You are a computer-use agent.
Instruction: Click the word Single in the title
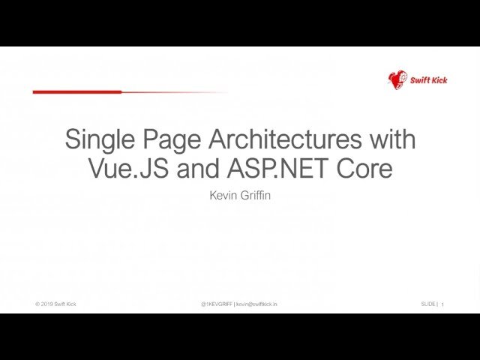pyautogui.click(x=100, y=140)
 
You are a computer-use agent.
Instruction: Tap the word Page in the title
pyautogui.click(x=172, y=140)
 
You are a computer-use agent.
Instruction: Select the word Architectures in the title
pyautogui.click(x=285, y=139)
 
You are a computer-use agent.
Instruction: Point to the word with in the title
pyautogui.click(x=393, y=139)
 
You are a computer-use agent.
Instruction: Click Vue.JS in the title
pyautogui.click(x=128, y=168)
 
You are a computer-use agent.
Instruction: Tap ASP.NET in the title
pyautogui.click(x=277, y=168)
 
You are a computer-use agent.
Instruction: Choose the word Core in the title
pyautogui.click(x=364, y=168)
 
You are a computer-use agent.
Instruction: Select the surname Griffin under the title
pyautogui.click(x=253, y=195)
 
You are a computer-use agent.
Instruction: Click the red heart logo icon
pyautogui.click(x=397, y=80)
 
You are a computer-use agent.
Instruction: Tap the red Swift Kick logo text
pyautogui.click(x=428, y=80)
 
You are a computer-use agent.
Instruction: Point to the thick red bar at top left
pyautogui.click(x=77, y=91)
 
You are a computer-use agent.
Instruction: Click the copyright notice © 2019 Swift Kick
pyautogui.click(x=55, y=304)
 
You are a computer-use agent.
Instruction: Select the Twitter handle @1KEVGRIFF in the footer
pyautogui.click(x=217, y=304)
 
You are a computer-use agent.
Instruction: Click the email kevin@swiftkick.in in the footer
pyautogui.click(x=256, y=304)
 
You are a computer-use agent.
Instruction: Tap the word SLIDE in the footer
pyautogui.click(x=428, y=304)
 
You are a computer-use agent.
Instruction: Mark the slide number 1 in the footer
pyautogui.click(x=442, y=304)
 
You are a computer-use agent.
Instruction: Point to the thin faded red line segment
pyautogui.click(x=175, y=92)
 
